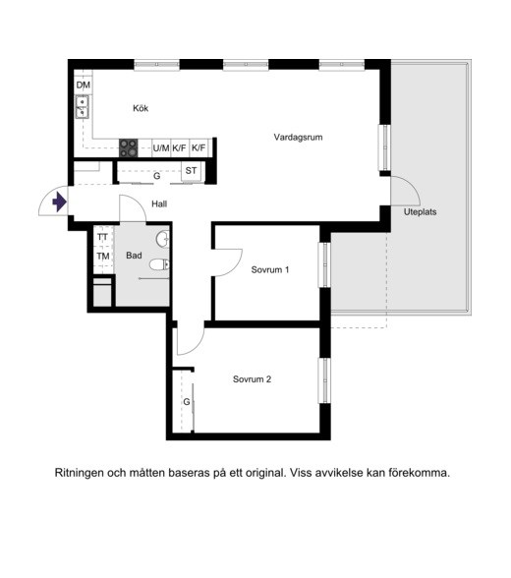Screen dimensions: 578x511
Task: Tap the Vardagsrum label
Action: pyautogui.click(x=298, y=138)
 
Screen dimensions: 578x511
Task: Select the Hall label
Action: pyautogui.click(x=159, y=204)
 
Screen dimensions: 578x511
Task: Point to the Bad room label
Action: pyautogui.click(x=135, y=256)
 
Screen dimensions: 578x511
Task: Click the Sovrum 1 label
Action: pyautogui.click(x=269, y=269)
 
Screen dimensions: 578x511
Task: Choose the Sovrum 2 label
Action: pyautogui.click(x=252, y=379)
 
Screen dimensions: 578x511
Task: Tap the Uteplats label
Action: pyautogui.click(x=420, y=211)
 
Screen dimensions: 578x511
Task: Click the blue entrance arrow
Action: pyautogui.click(x=59, y=202)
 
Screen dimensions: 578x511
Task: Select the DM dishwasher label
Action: pyautogui.click(x=84, y=87)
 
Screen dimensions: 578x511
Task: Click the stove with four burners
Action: pyautogui.click(x=129, y=147)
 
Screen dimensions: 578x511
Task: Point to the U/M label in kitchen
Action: pyautogui.click(x=161, y=148)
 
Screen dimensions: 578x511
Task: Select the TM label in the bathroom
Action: pyautogui.click(x=102, y=257)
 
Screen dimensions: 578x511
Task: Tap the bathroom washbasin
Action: pyautogui.click(x=163, y=239)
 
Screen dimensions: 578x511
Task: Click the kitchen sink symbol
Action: pyautogui.click(x=83, y=106)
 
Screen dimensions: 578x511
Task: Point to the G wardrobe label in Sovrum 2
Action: pyautogui.click(x=185, y=402)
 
